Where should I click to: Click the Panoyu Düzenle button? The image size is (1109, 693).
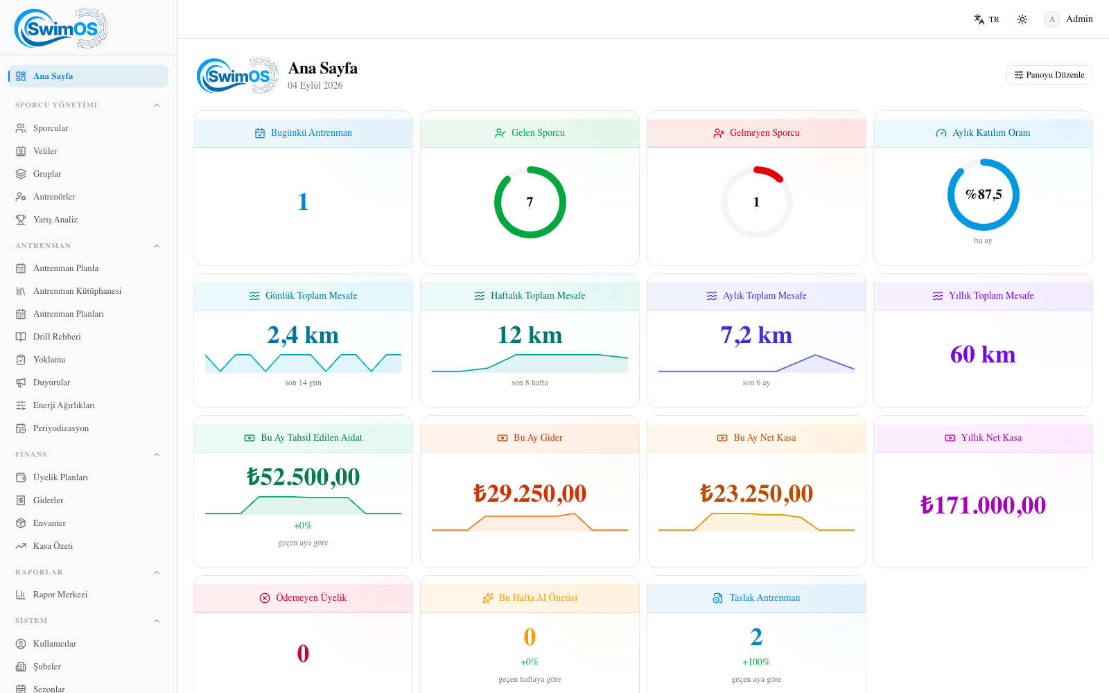point(1049,75)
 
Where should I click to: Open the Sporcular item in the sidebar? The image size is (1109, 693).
point(51,128)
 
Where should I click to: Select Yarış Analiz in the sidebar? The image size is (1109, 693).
point(55,220)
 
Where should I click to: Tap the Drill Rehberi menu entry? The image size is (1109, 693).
point(56,337)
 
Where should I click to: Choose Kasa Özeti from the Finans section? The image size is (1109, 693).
point(53,546)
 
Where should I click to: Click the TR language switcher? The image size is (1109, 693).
point(987,19)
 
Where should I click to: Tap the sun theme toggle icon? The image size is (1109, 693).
point(1022,19)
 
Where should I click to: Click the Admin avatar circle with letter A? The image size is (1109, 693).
point(1051,19)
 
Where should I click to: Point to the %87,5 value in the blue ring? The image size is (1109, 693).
point(984,195)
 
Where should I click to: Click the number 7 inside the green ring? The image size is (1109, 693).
point(530,202)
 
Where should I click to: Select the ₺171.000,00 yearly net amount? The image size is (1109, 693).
point(983,505)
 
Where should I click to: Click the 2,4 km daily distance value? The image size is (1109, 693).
point(303,335)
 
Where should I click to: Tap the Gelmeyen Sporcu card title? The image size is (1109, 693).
point(765,132)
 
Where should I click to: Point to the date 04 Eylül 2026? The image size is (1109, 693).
point(315,86)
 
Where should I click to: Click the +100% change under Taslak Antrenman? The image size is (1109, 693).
point(756,662)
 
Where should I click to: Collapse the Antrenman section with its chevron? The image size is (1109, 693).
point(157,246)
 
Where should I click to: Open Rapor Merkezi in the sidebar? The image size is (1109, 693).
point(60,595)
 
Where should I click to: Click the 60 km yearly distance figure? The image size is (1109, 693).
point(983,354)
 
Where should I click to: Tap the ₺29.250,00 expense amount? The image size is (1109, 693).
point(530,493)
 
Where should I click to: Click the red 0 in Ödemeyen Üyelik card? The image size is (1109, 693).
point(303,653)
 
